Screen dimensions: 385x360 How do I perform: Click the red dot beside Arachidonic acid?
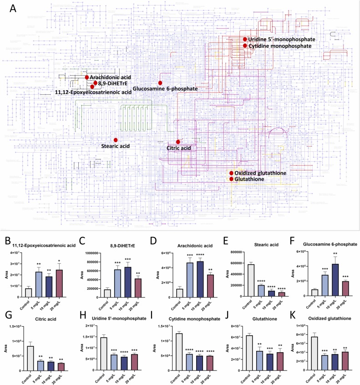(86, 77)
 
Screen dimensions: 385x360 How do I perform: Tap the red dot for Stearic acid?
(116, 139)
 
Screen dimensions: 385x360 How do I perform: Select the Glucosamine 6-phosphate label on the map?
(165, 89)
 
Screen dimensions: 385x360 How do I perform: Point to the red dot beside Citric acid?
(178, 142)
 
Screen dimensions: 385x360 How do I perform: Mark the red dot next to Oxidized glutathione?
(232, 173)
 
